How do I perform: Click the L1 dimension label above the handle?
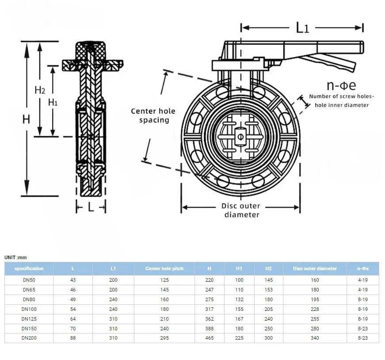tap(302, 27)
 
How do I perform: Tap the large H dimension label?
tap(27, 119)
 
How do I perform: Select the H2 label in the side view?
tap(40, 89)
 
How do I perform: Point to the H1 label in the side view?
tap(53, 102)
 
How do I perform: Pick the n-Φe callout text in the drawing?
tap(341, 85)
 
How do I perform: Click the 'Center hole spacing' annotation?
tap(153, 115)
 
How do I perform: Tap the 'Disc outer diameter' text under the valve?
tap(241, 210)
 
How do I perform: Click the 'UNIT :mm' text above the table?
tap(15, 257)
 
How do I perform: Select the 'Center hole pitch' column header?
tap(164, 268)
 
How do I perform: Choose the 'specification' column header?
tap(29, 268)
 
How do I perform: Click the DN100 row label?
tap(29, 309)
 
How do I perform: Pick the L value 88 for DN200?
tap(73, 338)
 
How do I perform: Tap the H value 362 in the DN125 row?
tap(210, 319)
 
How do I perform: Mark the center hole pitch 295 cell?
tap(164, 338)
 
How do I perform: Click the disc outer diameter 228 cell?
tap(315, 309)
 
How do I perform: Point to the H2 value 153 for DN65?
tap(269, 290)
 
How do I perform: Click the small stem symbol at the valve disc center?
tap(240, 136)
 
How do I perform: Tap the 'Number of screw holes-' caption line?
tap(341, 96)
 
